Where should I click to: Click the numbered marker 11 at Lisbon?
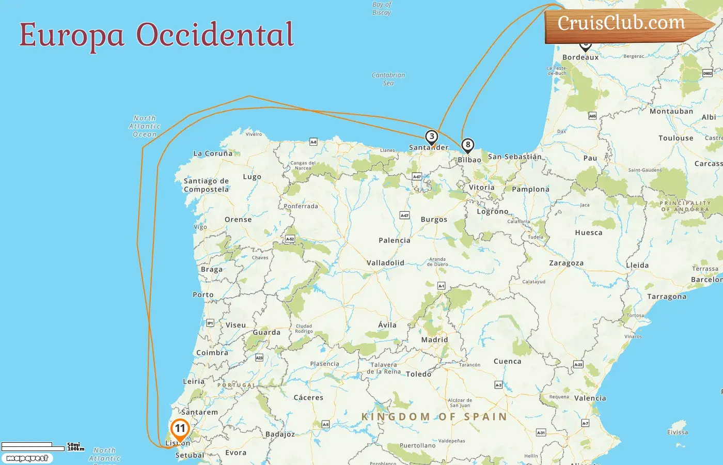[x=180, y=429]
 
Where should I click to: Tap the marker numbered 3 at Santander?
[x=431, y=137]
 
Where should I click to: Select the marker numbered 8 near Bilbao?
[x=467, y=145]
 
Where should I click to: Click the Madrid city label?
[x=434, y=340]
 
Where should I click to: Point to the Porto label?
[x=203, y=295]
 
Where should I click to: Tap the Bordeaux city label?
[x=580, y=57]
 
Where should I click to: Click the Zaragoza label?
[x=566, y=263]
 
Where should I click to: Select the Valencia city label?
[x=590, y=398]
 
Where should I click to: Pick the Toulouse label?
[x=675, y=138]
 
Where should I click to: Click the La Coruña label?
[x=213, y=153]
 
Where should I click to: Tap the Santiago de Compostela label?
[x=206, y=185]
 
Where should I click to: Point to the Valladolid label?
[x=385, y=263]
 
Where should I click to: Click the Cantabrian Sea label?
[x=388, y=79]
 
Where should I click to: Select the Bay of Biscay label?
[x=382, y=8]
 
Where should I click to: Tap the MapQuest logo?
[x=27, y=458]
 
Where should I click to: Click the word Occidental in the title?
[x=215, y=35]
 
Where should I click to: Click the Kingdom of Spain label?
[x=434, y=417]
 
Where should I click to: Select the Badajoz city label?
[x=280, y=434]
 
